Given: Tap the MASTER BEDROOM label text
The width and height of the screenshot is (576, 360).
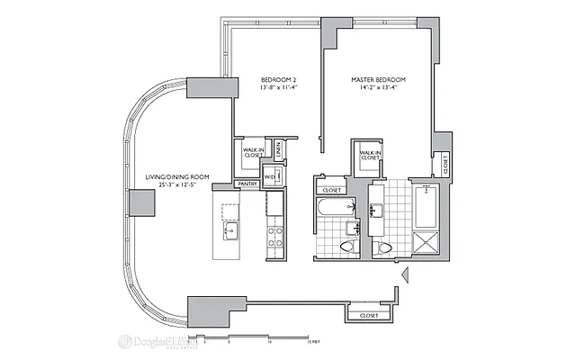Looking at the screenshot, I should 378,80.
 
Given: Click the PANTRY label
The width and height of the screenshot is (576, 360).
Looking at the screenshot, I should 247,184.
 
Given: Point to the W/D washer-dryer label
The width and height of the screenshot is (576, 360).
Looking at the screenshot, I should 270,176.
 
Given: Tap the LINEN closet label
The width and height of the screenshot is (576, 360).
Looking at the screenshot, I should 279,150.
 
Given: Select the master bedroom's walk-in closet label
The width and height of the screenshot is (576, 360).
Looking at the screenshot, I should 371,157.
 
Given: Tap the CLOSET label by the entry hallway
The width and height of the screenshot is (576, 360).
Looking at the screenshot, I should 368,316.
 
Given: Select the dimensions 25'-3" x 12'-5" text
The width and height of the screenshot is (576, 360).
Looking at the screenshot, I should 177,185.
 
